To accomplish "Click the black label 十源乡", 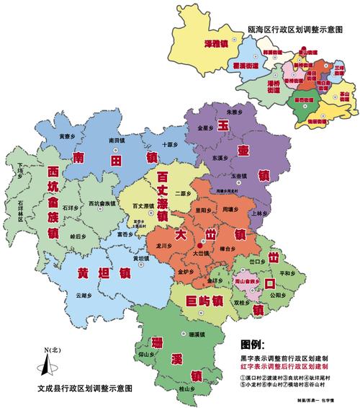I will coord(168,144).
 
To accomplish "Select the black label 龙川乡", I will coord(164,247).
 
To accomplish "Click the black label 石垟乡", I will coord(71,208).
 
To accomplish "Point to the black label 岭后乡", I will coord(77,235).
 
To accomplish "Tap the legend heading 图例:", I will coord(253,345).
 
